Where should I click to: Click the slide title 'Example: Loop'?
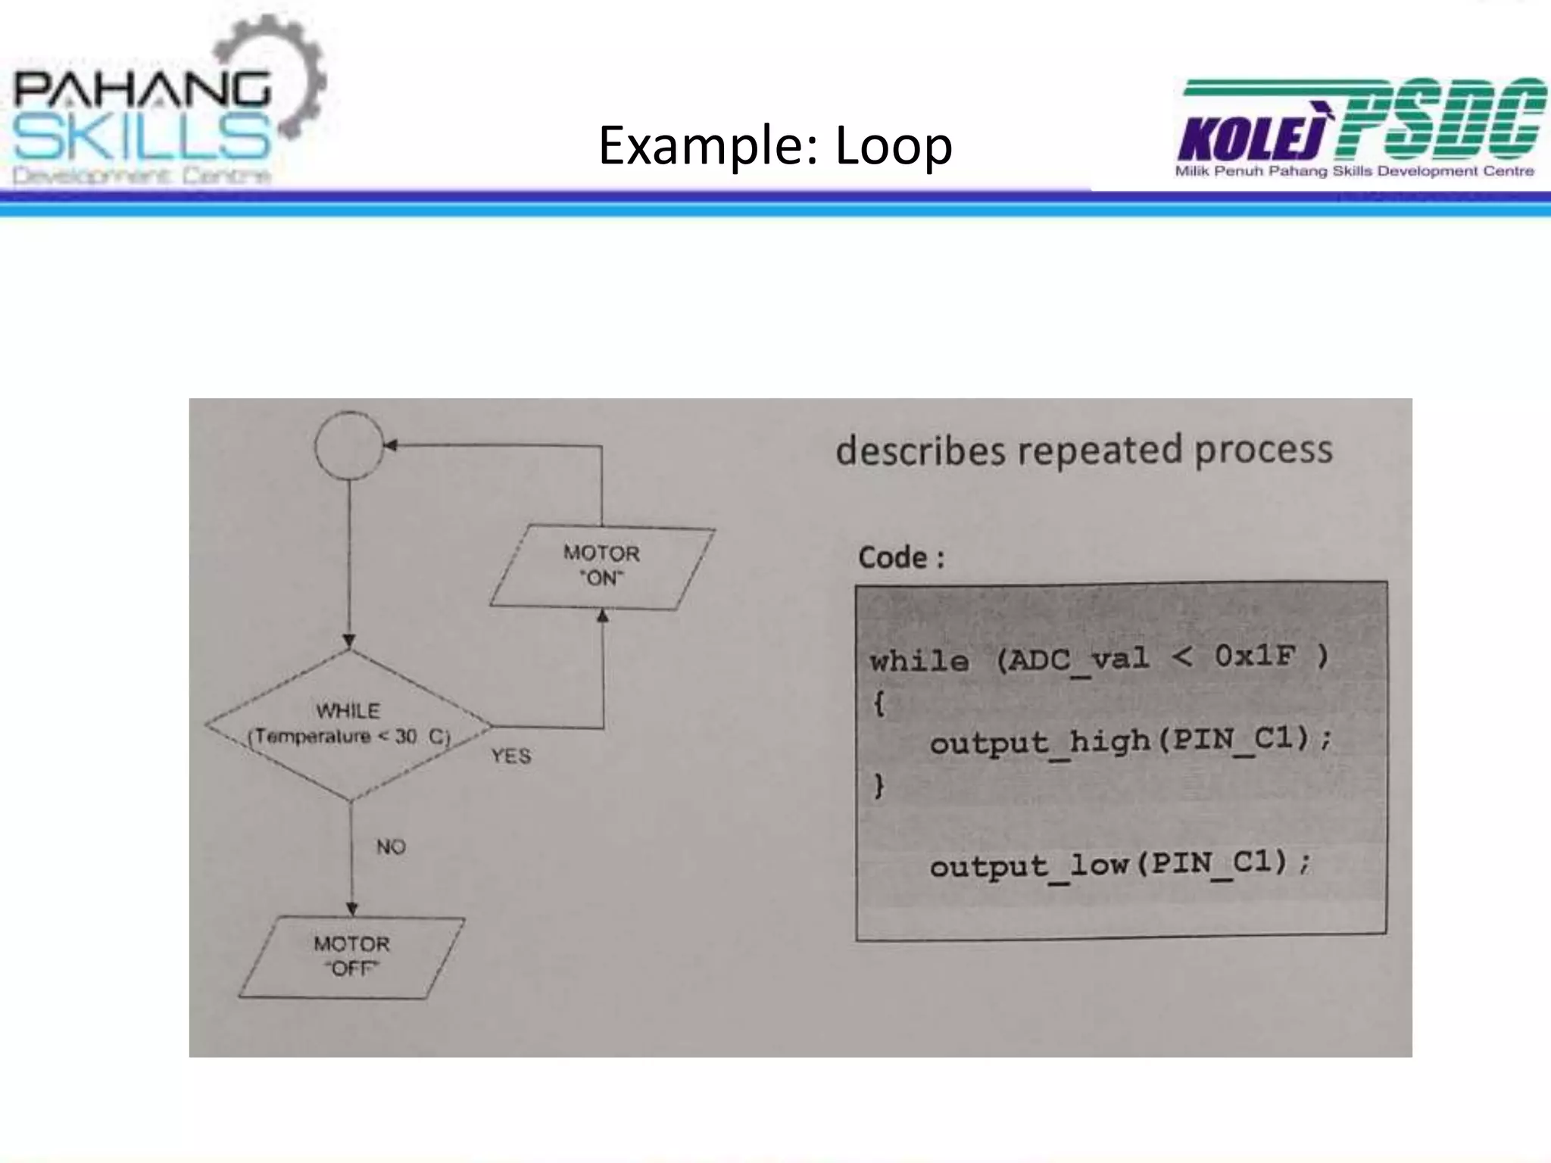(775, 145)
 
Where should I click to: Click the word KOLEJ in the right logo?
(1253, 139)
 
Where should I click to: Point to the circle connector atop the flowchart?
(349, 445)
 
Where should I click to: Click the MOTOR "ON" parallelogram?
(602, 566)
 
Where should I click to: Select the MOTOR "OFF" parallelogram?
(351, 956)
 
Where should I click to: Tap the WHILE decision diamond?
(349, 725)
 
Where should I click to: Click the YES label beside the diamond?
(511, 756)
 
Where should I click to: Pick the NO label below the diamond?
(392, 847)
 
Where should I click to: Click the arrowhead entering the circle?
(391, 445)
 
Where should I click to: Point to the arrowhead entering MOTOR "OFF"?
(351, 909)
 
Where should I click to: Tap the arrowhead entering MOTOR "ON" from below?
(603, 616)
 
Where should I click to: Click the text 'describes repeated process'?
(1084, 450)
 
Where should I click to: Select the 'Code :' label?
(901, 558)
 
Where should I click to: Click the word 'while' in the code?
(919, 662)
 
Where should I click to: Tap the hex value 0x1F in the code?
(1255, 656)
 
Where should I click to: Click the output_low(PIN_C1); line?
(1119, 864)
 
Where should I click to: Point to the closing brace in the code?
(879, 786)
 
